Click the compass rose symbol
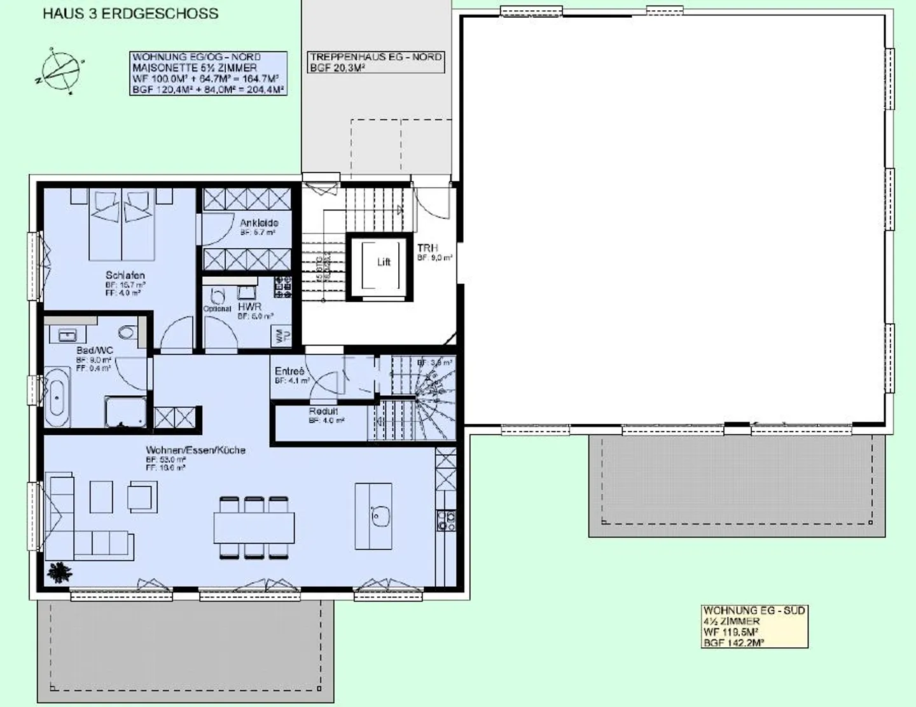60,71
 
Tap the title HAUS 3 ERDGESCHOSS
130,13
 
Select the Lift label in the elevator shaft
384,262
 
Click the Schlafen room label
125,275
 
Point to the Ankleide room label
259,223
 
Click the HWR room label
249,307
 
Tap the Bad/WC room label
95,351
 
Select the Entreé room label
289,371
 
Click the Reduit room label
323,411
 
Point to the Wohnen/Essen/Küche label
195,450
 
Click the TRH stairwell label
427,248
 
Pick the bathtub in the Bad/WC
57,397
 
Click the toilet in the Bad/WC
127,332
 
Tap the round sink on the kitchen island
380,515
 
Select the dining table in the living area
254,528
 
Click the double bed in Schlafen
121,226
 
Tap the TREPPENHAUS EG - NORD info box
376,62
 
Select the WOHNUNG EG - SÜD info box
754,626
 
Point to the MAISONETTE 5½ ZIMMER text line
195,67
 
